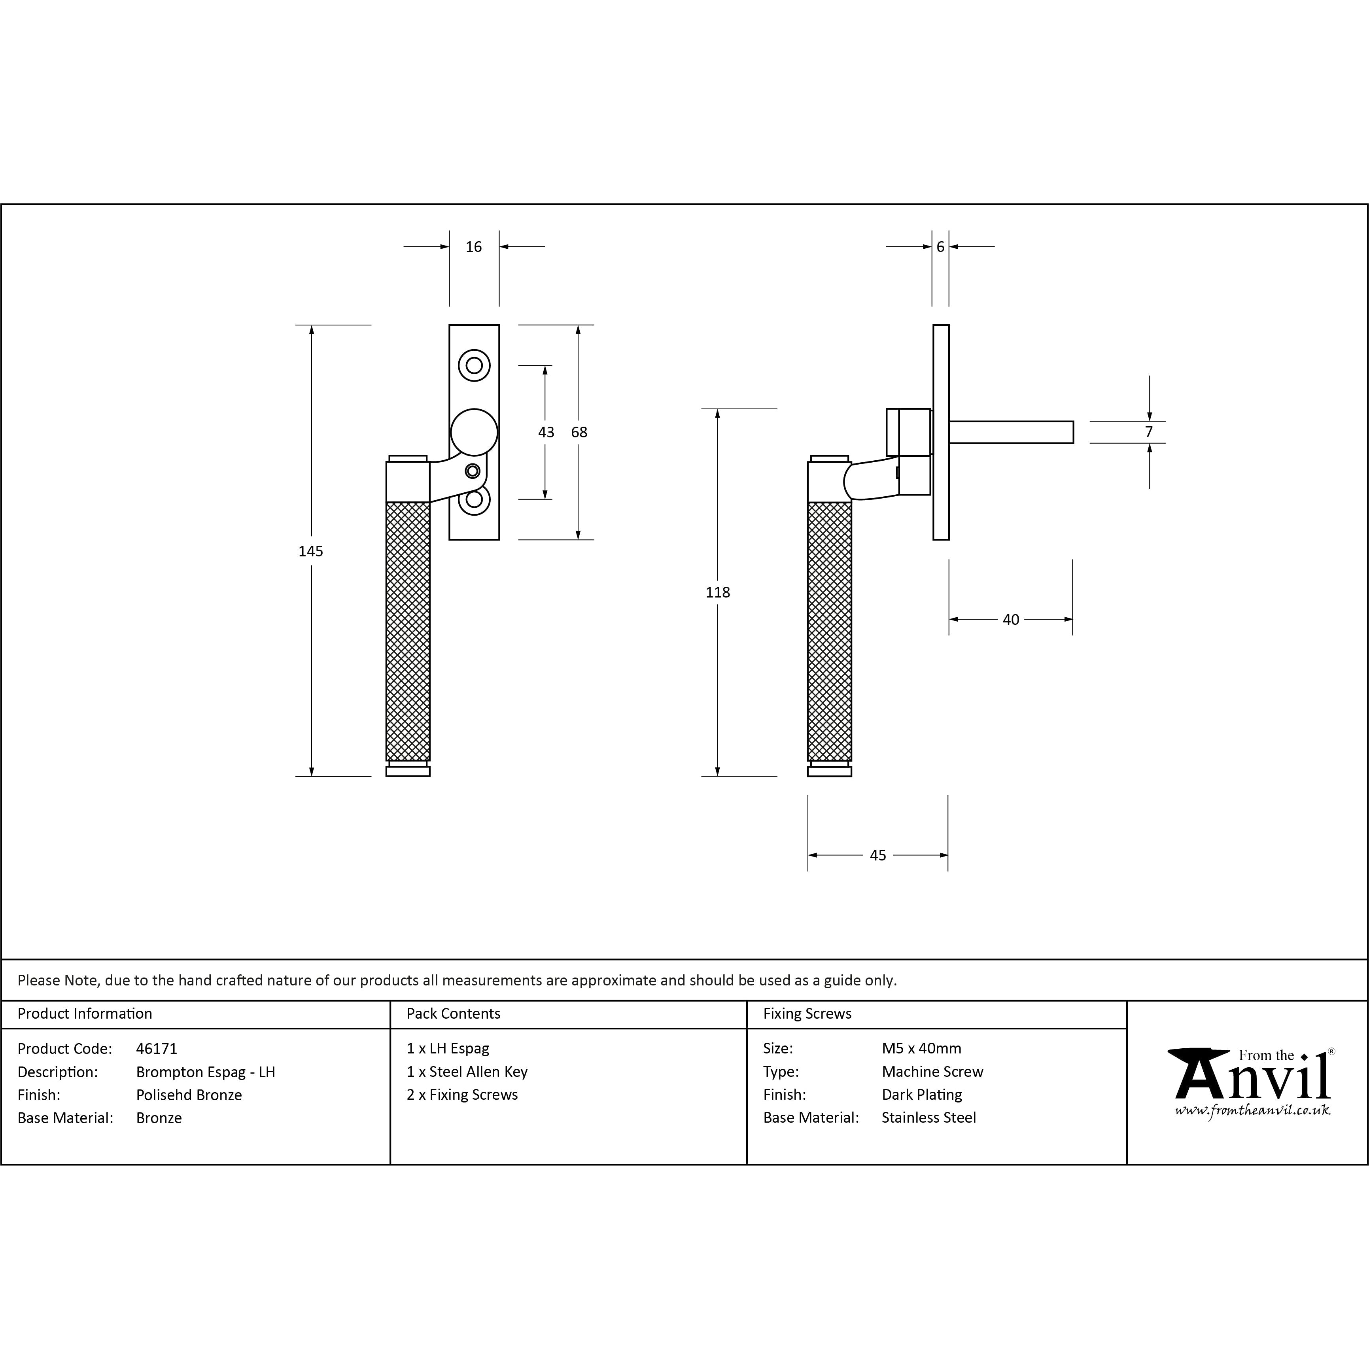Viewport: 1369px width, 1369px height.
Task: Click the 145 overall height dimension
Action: coord(310,551)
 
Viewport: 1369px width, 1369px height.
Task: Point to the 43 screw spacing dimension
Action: coord(546,432)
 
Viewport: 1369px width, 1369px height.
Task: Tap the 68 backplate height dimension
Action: coord(579,432)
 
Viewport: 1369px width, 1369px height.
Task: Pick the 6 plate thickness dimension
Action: coord(940,247)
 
